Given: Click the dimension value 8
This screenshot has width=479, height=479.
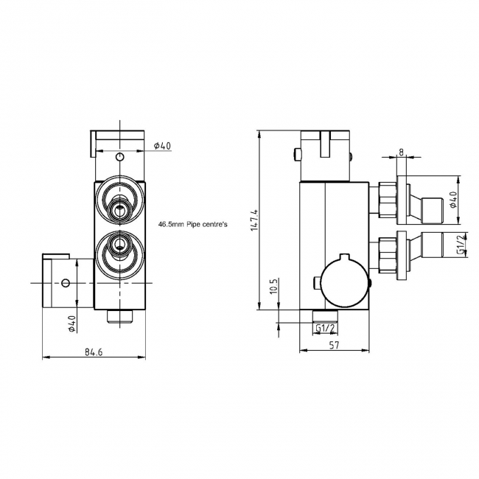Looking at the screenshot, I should click(401, 152).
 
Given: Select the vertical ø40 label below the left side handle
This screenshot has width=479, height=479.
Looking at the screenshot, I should click(72, 324).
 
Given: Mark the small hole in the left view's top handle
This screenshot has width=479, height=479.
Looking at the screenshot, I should click(120, 156).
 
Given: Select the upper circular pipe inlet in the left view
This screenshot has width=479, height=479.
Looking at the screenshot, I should click(119, 200).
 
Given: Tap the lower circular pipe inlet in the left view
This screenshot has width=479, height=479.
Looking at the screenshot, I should click(119, 251).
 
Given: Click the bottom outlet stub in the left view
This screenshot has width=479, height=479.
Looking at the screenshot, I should click(119, 317).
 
